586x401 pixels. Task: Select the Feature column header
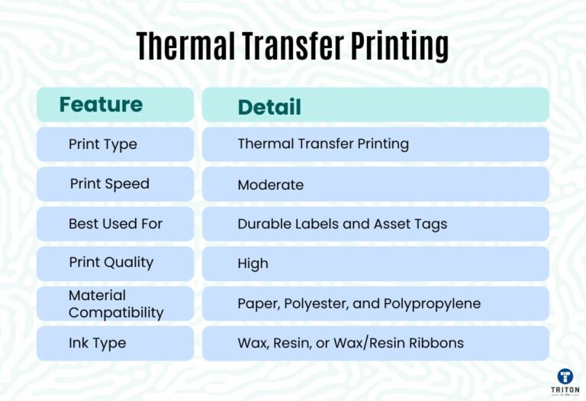pyautogui.click(x=101, y=105)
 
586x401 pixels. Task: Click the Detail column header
pyautogui.click(x=269, y=107)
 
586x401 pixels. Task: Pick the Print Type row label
pyautogui.click(x=102, y=144)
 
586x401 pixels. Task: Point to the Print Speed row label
pyautogui.click(x=109, y=183)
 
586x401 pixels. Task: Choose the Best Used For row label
pyautogui.click(x=115, y=224)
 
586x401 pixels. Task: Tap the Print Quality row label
pyautogui.click(x=111, y=262)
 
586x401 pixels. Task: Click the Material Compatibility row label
pyautogui.click(x=116, y=303)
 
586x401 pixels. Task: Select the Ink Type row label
pyautogui.click(x=97, y=343)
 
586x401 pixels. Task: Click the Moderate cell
pyautogui.click(x=270, y=185)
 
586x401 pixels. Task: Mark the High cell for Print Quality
pyautogui.click(x=253, y=264)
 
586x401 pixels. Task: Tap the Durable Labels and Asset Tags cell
pyautogui.click(x=342, y=224)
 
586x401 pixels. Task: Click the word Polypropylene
pyautogui.click(x=432, y=303)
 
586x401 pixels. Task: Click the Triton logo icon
pyautogui.click(x=565, y=376)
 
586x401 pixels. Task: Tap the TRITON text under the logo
pyautogui.click(x=565, y=390)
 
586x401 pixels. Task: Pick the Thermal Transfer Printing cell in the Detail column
pyautogui.click(x=323, y=144)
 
